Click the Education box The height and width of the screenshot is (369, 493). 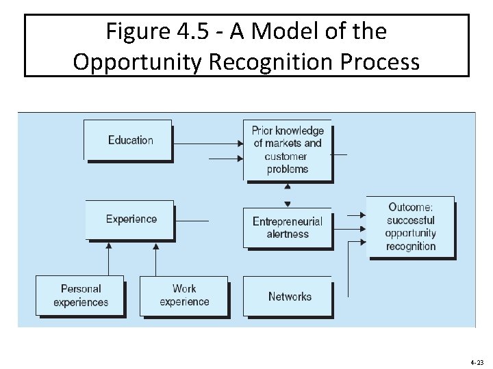click(x=128, y=140)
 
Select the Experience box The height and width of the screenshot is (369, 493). click(x=129, y=219)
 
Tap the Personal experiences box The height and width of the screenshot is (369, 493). click(x=80, y=296)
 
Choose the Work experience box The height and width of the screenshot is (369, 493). click(x=184, y=296)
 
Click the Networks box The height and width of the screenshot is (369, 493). click(x=288, y=297)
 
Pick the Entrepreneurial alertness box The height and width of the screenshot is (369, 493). click(x=288, y=228)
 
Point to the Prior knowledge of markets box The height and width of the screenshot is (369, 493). click(x=288, y=150)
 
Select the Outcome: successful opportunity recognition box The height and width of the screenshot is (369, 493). click(x=411, y=227)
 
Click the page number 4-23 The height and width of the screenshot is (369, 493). click(x=477, y=361)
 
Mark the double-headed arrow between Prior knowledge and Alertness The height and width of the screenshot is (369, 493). click(x=288, y=194)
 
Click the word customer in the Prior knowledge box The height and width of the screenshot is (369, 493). click(x=286, y=156)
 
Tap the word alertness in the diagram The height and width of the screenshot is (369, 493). click(x=288, y=234)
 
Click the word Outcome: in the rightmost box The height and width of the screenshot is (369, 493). click(x=411, y=207)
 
